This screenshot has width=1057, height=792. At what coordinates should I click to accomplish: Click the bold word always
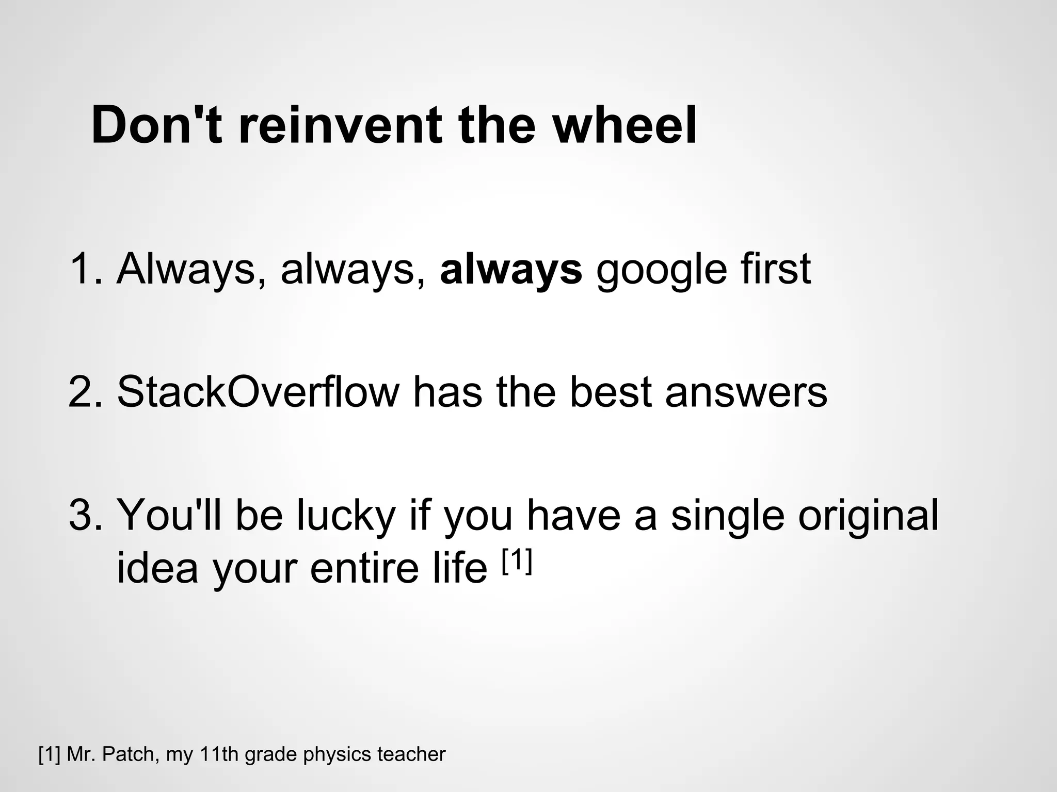511,270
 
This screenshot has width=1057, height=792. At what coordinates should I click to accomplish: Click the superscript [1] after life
517,560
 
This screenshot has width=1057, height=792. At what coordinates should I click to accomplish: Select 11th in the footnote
219,754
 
